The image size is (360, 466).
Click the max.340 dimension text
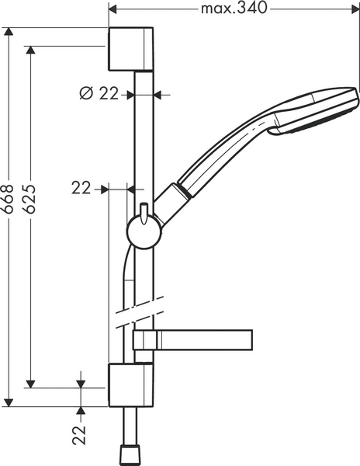234,9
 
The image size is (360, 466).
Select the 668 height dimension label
10,210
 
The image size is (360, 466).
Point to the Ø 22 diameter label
99,94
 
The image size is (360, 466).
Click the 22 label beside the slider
81,187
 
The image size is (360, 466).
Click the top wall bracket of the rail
131,49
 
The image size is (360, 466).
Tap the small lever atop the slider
144,211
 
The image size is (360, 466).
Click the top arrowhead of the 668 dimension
10,33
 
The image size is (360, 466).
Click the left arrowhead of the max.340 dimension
112,9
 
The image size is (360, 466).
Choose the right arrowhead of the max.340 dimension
355,9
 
